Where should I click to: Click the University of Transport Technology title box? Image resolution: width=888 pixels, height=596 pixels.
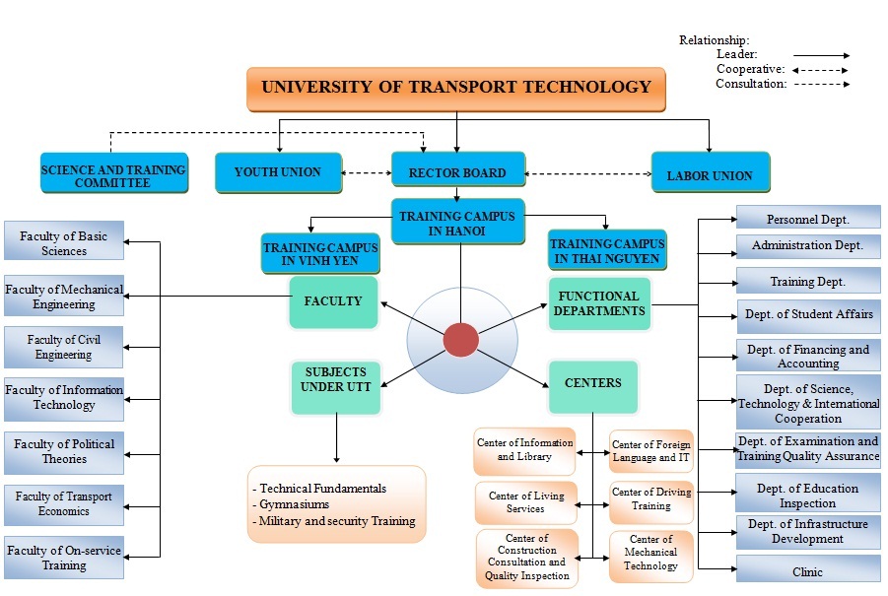click(455, 88)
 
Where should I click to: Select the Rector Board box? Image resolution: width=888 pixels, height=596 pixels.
click(456, 173)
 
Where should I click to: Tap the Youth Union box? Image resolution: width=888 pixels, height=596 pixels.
click(278, 172)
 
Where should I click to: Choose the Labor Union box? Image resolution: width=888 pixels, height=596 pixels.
click(710, 174)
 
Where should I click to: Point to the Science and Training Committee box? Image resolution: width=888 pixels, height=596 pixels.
click(113, 175)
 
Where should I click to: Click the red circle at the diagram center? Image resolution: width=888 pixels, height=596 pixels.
click(460, 340)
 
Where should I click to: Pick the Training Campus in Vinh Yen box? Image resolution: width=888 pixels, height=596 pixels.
click(319, 254)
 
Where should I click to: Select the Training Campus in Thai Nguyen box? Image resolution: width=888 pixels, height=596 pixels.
click(606, 250)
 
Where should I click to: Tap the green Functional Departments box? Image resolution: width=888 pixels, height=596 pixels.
click(598, 303)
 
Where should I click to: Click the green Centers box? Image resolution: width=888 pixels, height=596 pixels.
click(592, 382)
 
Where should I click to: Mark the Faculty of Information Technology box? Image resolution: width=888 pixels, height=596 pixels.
click(64, 398)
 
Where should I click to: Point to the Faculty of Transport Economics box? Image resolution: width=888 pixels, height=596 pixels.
click(64, 503)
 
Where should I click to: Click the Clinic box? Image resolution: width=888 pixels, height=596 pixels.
click(807, 571)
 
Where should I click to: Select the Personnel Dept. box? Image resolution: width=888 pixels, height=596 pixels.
click(807, 220)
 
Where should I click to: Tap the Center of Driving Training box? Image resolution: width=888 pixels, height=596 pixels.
click(650, 498)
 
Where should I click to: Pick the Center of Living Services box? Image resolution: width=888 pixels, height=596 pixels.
click(525, 502)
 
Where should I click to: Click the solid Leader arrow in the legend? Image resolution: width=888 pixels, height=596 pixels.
click(820, 56)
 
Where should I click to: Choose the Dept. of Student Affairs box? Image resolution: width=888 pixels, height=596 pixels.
click(807, 315)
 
